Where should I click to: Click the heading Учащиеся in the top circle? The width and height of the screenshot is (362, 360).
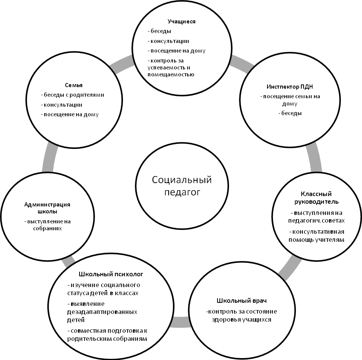182,21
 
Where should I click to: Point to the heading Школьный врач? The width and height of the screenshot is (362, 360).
241,300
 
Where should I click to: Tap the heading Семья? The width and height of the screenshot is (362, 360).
74,85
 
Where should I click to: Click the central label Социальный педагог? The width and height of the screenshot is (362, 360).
182,186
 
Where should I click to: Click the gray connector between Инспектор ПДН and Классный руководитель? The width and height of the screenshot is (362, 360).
316,158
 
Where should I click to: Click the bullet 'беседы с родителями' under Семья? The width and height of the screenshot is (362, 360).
72,95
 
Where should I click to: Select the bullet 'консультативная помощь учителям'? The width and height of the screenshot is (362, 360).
316,236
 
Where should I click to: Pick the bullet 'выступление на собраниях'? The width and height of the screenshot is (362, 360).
47,225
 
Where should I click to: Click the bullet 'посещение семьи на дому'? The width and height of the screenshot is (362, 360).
290,100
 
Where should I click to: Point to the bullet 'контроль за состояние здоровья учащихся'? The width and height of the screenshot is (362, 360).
241,315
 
